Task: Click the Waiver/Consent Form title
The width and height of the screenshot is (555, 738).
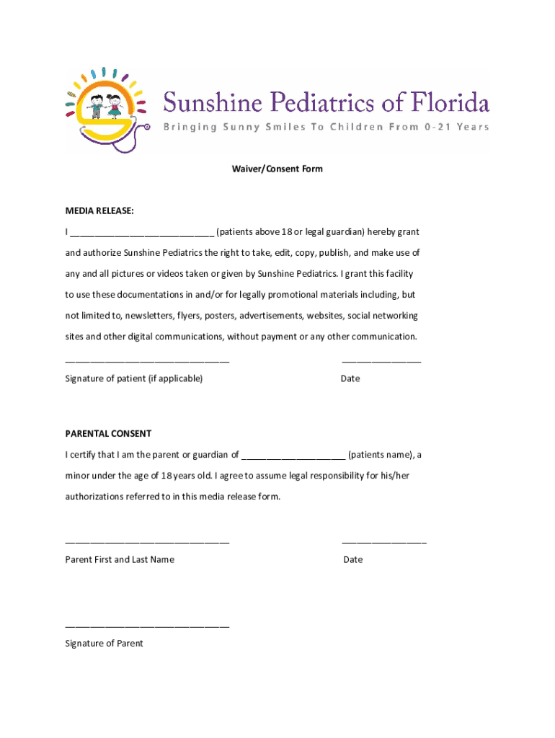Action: point(277,169)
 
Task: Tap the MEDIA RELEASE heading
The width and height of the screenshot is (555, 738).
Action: point(99,210)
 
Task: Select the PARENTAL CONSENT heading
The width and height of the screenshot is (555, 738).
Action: point(108,434)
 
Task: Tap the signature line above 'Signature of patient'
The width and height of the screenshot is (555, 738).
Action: point(147,362)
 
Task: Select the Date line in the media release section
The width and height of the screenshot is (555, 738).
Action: point(381,362)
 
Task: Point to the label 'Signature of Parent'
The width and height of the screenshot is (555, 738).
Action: point(104,644)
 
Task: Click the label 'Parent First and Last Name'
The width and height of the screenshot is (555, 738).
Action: point(120,559)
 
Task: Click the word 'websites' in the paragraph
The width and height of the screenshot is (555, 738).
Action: point(326,316)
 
